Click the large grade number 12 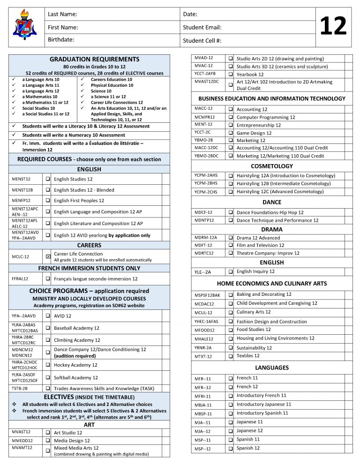click(x=332, y=27)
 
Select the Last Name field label click(x=62, y=15)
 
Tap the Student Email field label click(x=202, y=28)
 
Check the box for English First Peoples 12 click(x=48, y=201)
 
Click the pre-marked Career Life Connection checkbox click(x=48, y=256)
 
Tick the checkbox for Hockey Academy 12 click(x=48, y=365)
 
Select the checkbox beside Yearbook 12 click(x=231, y=74)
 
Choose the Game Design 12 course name click(x=254, y=133)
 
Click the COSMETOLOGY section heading click(x=272, y=166)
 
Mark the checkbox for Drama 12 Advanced click(x=231, y=238)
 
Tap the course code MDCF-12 click(x=203, y=212)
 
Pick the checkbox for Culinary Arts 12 click(x=231, y=312)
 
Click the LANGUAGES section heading click(x=272, y=368)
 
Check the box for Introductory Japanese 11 click(x=231, y=405)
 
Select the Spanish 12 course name click(x=248, y=448)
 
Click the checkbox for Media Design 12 click(x=48, y=441)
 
